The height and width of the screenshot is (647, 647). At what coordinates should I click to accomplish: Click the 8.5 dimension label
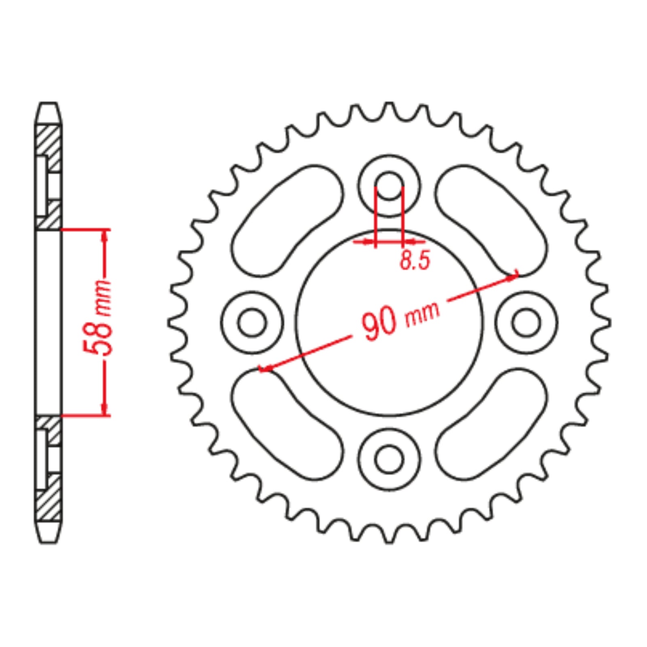[415, 260]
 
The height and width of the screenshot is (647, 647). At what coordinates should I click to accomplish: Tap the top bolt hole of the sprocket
[389, 186]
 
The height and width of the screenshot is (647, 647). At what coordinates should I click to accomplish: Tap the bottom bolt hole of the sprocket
[389, 459]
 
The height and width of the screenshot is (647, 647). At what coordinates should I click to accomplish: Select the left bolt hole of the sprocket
[252, 323]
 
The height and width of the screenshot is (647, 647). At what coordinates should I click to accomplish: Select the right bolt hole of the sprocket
[526, 323]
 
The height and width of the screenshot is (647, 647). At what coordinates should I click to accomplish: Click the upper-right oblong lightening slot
[491, 220]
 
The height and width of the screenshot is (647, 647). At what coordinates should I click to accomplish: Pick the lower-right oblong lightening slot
[491, 425]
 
